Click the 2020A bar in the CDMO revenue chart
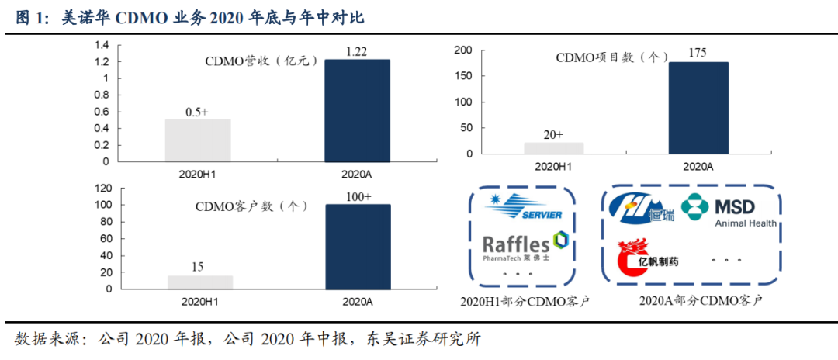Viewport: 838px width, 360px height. [357, 111]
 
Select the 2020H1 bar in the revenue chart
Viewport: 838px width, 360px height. [198, 140]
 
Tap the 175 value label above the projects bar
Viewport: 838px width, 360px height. [698, 53]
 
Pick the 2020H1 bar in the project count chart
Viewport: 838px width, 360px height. [554, 147]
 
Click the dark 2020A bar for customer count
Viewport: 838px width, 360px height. [357, 247]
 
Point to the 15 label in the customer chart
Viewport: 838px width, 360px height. [198, 267]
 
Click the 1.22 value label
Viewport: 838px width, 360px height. [357, 51]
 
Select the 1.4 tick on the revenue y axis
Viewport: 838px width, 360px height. [101, 44]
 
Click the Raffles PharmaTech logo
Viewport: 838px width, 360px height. [526, 246]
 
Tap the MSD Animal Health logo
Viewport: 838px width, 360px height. [729, 210]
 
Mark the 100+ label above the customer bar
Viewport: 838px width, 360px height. [357, 197]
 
